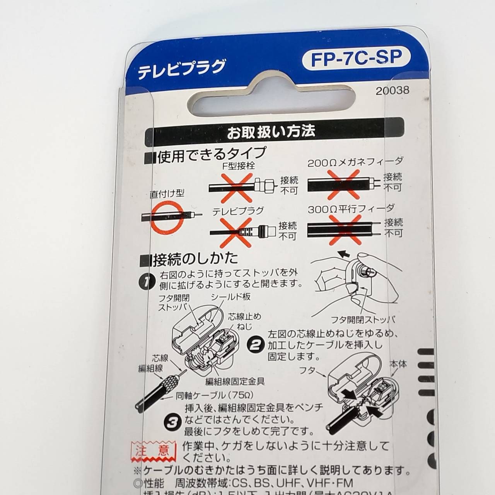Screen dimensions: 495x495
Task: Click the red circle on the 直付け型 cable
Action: (166, 217)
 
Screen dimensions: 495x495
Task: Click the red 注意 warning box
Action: (151, 451)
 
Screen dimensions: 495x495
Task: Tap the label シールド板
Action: (230, 297)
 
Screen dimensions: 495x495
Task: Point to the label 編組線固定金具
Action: (235, 382)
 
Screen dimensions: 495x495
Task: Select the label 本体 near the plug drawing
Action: (398, 364)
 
